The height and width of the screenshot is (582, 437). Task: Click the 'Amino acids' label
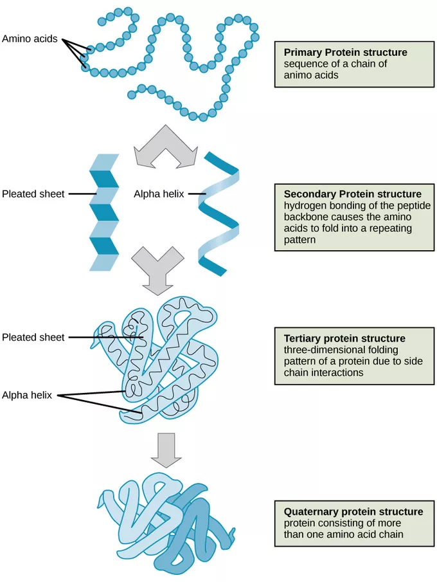click(x=30, y=39)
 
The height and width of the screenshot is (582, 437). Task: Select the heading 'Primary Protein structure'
click(x=345, y=52)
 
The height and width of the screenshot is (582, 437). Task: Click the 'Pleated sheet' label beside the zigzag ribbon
click(x=33, y=194)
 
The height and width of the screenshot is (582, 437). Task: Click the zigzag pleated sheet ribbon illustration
click(x=104, y=212)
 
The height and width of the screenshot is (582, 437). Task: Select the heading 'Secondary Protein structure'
click(x=352, y=194)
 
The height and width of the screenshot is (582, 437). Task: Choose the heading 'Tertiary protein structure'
click(x=344, y=338)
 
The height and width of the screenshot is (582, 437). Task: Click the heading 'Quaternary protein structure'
click(x=353, y=512)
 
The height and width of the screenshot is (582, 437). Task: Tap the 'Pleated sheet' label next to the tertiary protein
click(x=33, y=337)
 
